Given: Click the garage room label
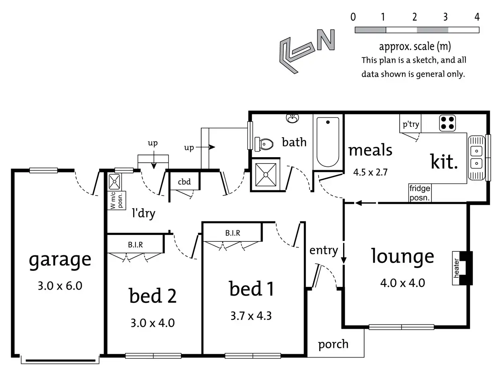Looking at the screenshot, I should pos(60,260).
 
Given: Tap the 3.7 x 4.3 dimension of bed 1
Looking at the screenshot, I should pos(251,316).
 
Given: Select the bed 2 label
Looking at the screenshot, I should pos(153,296).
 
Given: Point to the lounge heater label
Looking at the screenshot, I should pos(457,268).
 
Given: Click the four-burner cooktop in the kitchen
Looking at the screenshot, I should pos(447,123).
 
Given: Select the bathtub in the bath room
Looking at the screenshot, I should pos(328,142).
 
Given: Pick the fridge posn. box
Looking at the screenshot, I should pos(420,193).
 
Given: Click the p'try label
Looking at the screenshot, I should pos(411,124).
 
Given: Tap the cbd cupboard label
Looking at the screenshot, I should pos(184,182).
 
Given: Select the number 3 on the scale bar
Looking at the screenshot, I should pos(445,17).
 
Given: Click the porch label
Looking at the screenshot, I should pos(333,344).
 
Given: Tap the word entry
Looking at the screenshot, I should pos(324,251).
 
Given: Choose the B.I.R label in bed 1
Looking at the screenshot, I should pos(232,233).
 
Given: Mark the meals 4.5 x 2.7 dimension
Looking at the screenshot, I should pos(371,172).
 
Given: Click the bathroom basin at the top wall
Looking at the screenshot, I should pos(293,118).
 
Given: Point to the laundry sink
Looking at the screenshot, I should pos(115,182).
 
